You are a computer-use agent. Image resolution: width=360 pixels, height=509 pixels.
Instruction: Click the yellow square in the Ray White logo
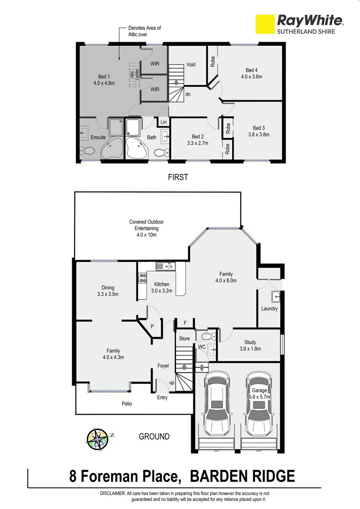pyautogui.click(x=265, y=24)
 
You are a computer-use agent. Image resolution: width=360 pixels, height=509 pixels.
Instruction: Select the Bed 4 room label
pyautogui.click(x=252, y=73)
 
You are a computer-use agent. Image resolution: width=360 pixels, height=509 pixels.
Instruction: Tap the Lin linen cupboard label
pyautogui.click(x=163, y=122)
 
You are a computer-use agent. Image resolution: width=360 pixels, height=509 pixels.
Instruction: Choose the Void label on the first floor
pyautogui.click(x=191, y=65)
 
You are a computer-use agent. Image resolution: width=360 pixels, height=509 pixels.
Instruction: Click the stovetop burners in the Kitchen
pyautogui.click(x=142, y=278)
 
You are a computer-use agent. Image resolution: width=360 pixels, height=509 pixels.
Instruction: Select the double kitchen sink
pyautogui.click(x=166, y=266)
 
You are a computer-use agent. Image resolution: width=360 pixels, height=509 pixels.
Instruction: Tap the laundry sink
pyautogui.click(x=276, y=297)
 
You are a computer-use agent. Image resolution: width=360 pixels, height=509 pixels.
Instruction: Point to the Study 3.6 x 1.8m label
pyautogui.click(x=250, y=346)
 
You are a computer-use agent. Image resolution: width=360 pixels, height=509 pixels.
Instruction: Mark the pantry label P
pyautogui.click(x=152, y=326)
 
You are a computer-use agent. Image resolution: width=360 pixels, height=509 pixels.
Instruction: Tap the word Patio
pyautogui.click(x=127, y=404)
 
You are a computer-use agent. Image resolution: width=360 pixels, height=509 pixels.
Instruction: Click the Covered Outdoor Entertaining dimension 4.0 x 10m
pyautogui.click(x=147, y=235)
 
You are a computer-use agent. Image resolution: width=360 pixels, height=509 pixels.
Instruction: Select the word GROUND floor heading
pyautogui.click(x=154, y=437)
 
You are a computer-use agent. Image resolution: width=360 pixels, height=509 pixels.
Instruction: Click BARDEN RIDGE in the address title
pyautogui.click(x=243, y=476)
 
